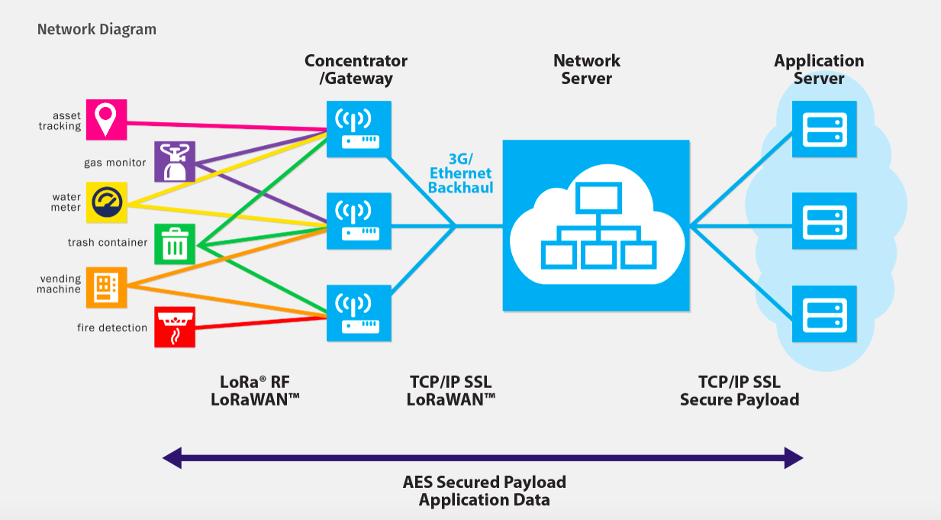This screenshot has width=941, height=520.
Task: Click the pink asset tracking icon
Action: click(x=106, y=119)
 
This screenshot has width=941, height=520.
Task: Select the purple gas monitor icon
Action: click(x=175, y=162)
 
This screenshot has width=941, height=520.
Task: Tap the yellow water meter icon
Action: click(x=106, y=202)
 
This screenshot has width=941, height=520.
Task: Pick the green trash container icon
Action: click(x=175, y=244)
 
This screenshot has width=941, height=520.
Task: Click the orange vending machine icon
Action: click(x=106, y=286)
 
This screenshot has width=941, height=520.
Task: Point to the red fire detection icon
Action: click(x=175, y=327)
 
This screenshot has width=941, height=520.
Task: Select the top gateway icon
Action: click(x=359, y=129)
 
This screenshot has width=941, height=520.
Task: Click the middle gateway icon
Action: click(x=359, y=221)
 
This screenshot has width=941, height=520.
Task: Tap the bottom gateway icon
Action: click(x=359, y=312)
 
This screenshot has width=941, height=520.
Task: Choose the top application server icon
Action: click(x=824, y=129)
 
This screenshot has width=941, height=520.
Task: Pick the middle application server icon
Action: click(x=824, y=221)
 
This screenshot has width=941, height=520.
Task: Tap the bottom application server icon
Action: click(x=824, y=312)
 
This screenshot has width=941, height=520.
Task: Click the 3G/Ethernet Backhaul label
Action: click(x=460, y=173)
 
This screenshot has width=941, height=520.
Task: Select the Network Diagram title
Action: click(x=97, y=30)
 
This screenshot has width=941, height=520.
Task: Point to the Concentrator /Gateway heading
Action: click(x=356, y=69)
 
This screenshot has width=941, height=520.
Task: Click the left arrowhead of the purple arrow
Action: click(x=172, y=458)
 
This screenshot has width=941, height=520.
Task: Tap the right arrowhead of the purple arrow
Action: click(x=794, y=458)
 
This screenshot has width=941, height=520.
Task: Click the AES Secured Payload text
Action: click(x=484, y=482)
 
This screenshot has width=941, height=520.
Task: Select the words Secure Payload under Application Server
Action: click(x=739, y=399)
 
